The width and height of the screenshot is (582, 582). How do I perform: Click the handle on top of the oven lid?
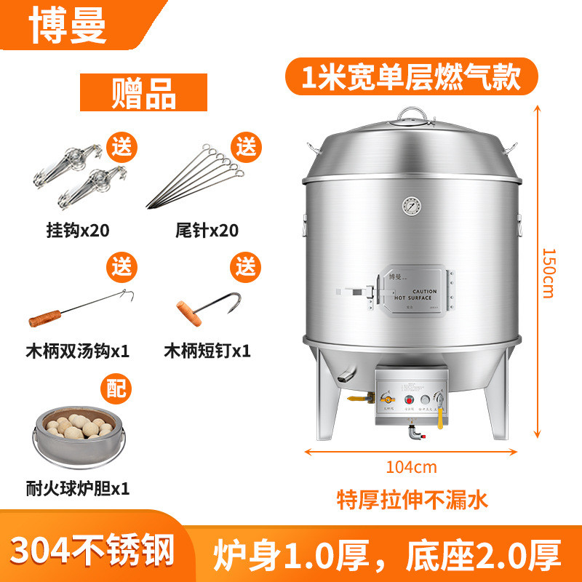[412, 113]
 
